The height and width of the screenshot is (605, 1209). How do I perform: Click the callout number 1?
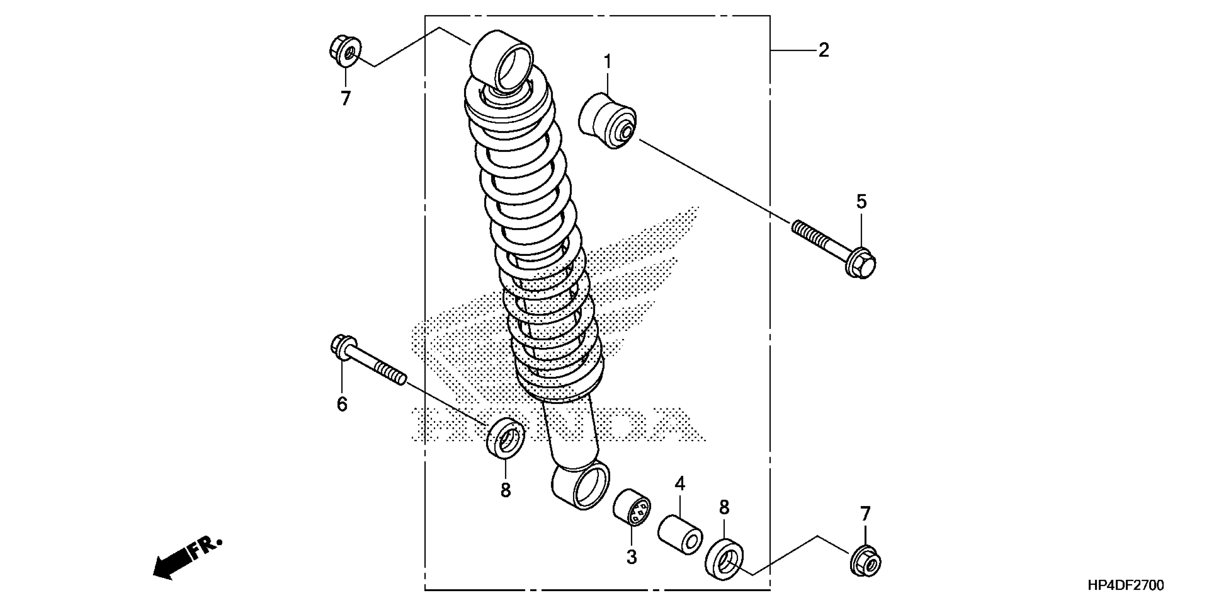pyautogui.click(x=607, y=62)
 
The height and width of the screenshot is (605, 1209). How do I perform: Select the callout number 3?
pyautogui.click(x=632, y=558)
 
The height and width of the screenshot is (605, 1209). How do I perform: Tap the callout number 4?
pyautogui.click(x=680, y=484)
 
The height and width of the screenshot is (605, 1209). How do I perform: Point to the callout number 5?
pyautogui.click(x=861, y=201)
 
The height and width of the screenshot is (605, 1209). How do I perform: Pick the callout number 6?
pyautogui.click(x=342, y=404)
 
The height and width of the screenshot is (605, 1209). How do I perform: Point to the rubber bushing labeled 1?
pyautogui.click(x=607, y=121)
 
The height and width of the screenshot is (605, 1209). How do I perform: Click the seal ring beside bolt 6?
pyautogui.click(x=505, y=436)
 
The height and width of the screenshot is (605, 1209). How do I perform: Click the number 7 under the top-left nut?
pyautogui.click(x=345, y=99)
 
